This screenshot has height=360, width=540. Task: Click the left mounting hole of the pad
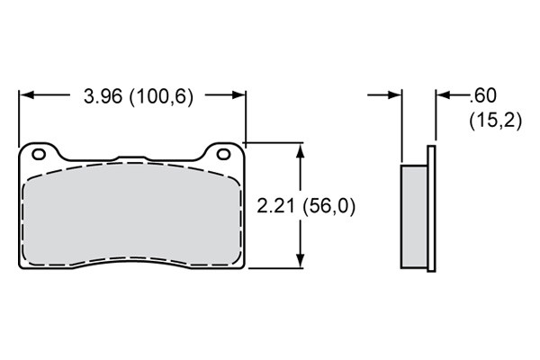point(39,154)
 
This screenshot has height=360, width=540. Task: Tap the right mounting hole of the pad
point(224,154)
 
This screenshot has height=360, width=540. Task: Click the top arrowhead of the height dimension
point(301,150)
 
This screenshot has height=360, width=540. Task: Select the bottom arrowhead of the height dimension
point(301,260)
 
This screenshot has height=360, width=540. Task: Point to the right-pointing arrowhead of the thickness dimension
point(394,94)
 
